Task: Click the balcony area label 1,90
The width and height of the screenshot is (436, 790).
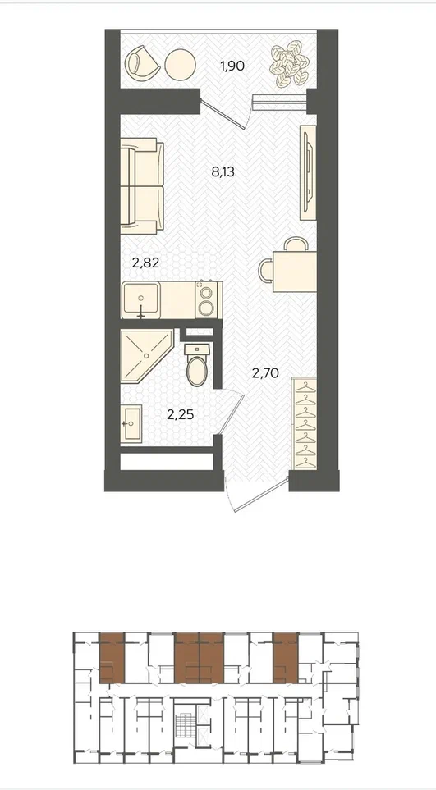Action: (232, 66)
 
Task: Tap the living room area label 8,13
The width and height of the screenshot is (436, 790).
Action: (223, 172)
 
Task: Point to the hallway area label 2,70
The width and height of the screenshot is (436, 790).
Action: (265, 373)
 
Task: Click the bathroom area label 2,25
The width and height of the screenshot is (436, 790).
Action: (181, 414)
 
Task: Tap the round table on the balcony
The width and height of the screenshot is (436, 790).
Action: (181, 63)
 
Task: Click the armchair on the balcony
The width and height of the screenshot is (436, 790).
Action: (140, 63)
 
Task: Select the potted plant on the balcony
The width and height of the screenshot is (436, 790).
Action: (289, 65)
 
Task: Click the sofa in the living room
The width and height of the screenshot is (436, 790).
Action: (142, 186)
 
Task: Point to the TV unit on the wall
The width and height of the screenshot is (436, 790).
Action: (308, 173)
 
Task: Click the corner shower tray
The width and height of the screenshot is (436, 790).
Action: (146, 355)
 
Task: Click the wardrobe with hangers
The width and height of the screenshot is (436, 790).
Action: (305, 423)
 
